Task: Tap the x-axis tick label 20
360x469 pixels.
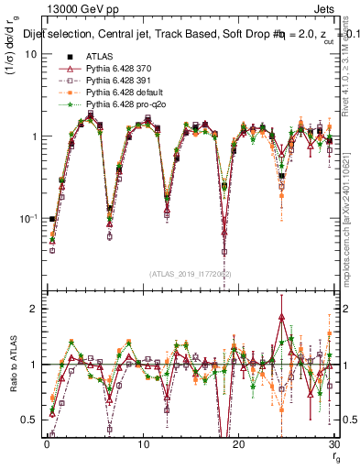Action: click(x=238, y=444)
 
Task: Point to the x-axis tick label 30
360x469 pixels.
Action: click(x=333, y=444)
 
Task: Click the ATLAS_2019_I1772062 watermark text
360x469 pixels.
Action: click(x=191, y=274)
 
